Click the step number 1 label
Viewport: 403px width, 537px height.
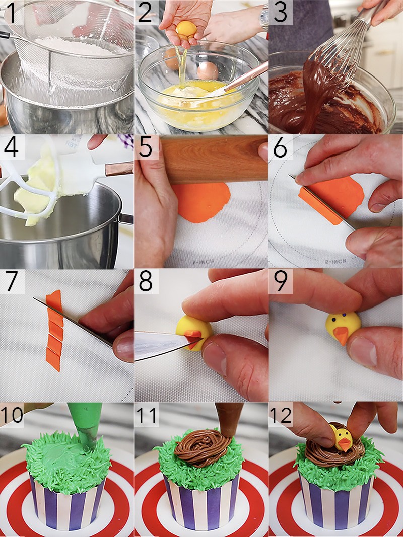[12, 13]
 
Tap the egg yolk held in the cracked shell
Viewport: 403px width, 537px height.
[185, 29]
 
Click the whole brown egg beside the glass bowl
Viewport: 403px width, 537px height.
[208, 71]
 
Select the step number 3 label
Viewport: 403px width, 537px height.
[281, 13]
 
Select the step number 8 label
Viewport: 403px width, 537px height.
[146, 281]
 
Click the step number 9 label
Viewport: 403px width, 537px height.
[281, 281]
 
